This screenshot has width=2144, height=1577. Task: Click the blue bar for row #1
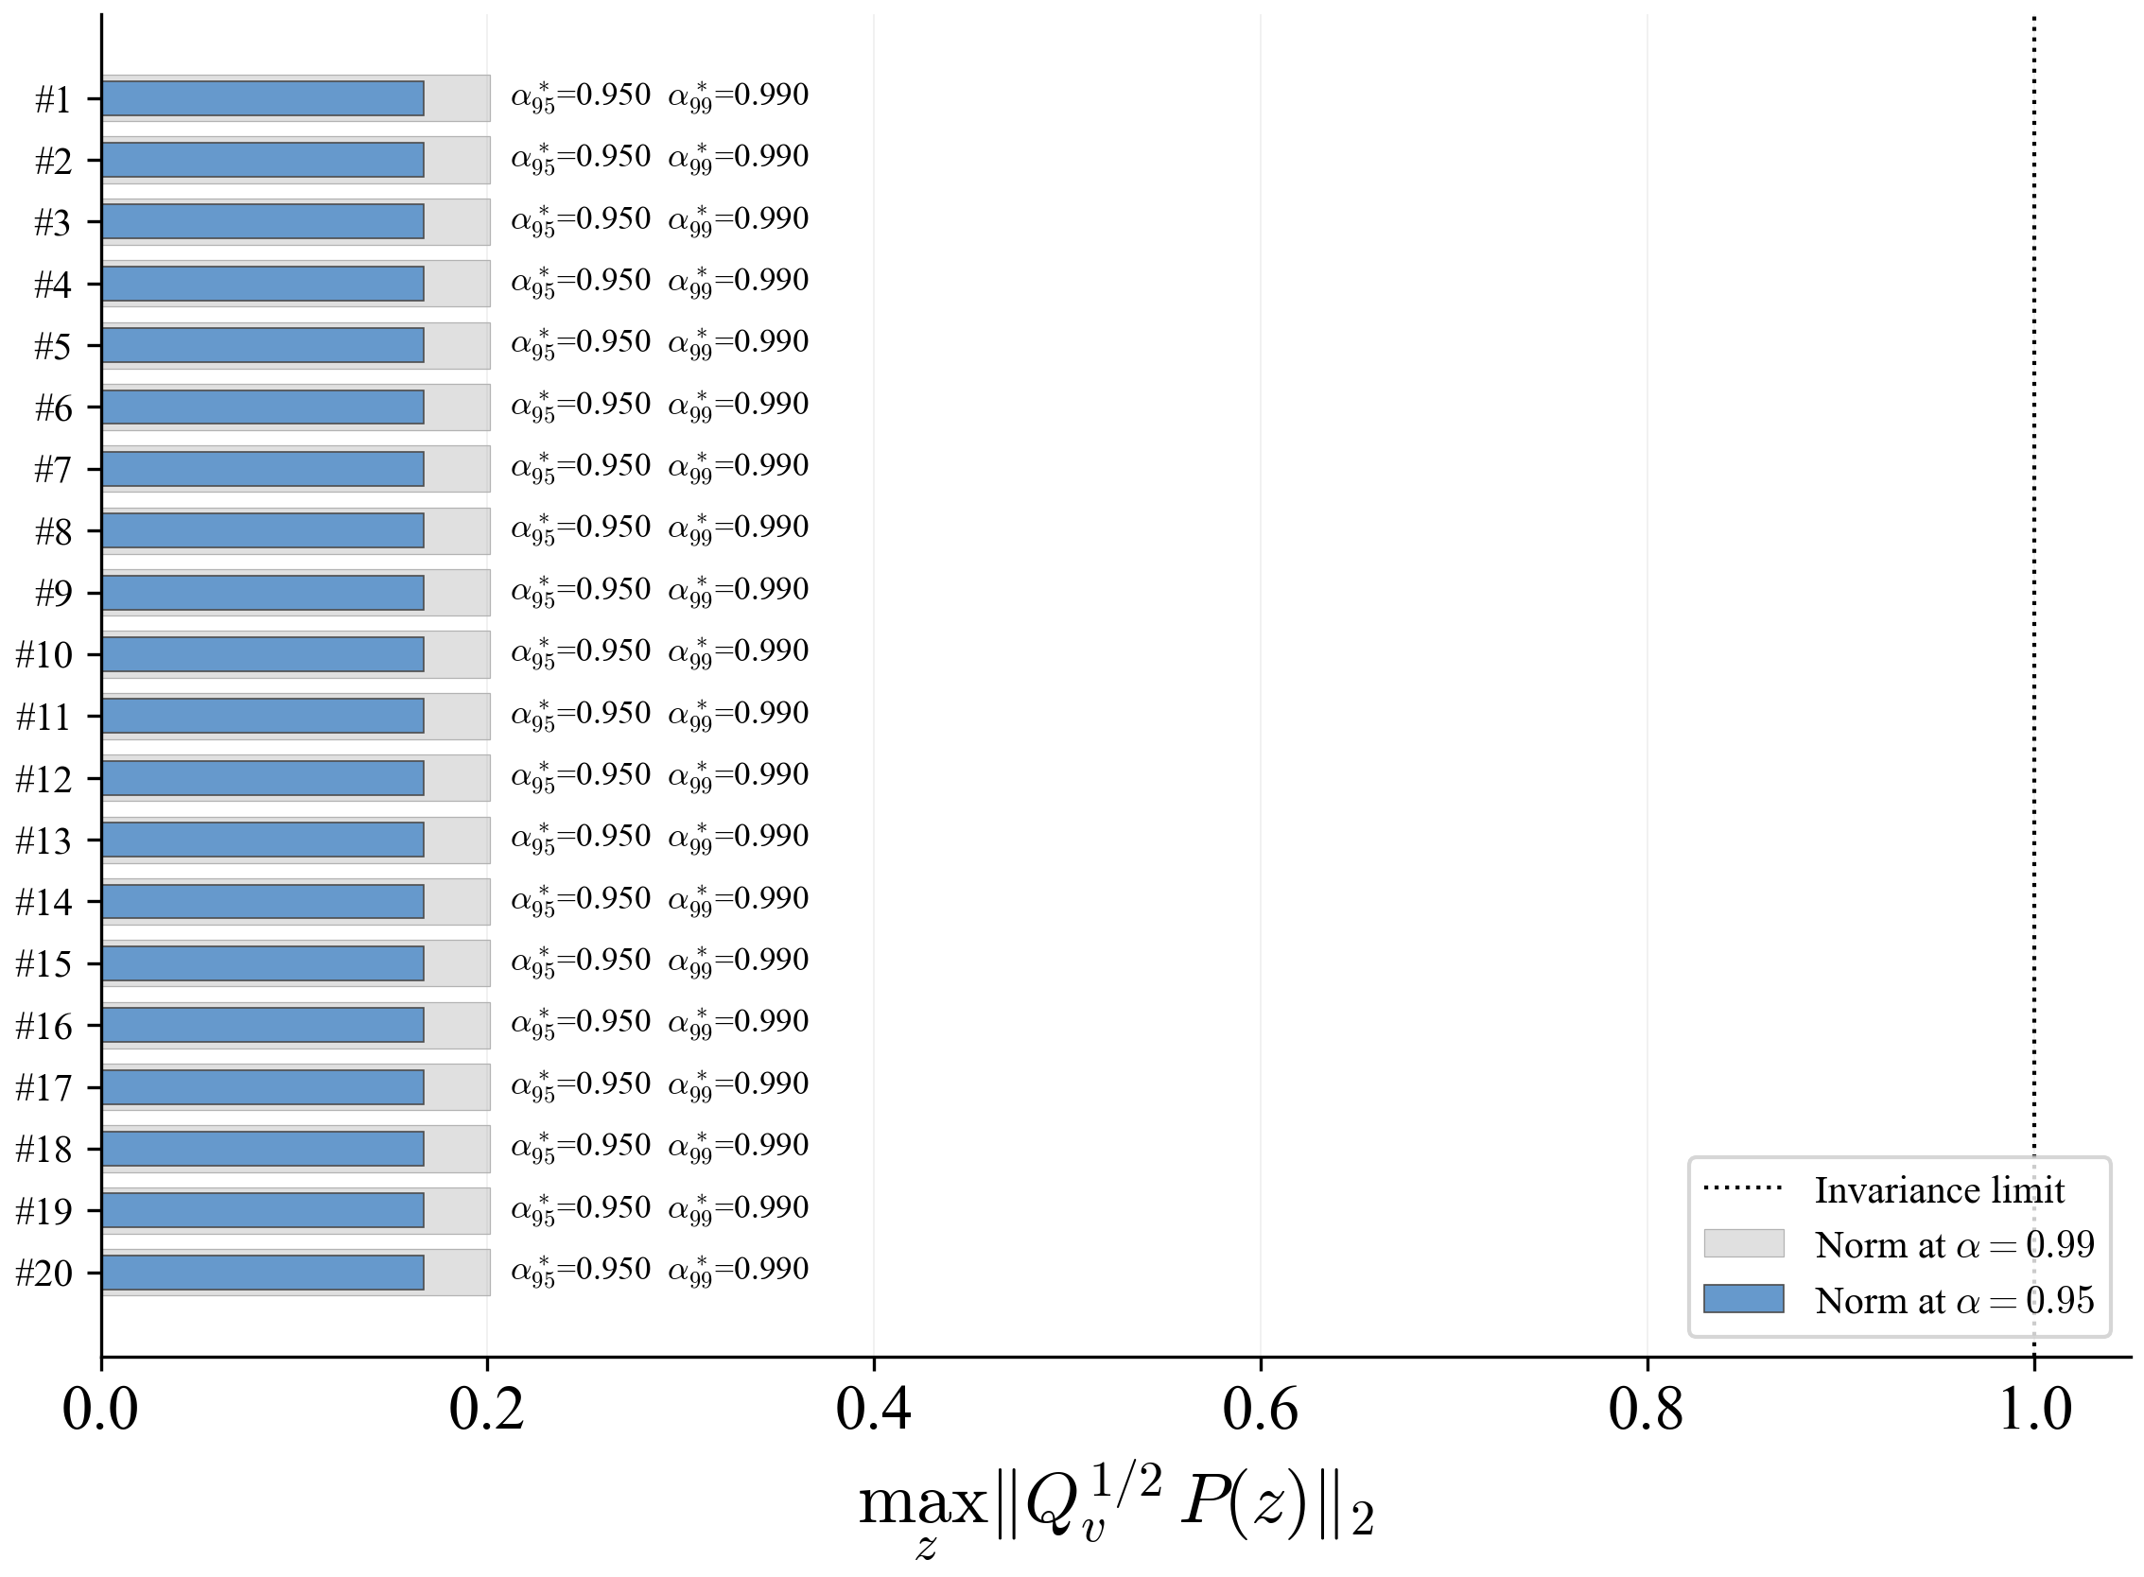pyautogui.click(x=263, y=98)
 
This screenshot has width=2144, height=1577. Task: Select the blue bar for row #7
pyautogui.click(x=263, y=469)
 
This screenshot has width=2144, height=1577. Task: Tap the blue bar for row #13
pyautogui.click(x=263, y=840)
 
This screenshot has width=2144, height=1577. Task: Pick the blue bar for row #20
pyautogui.click(x=263, y=1273)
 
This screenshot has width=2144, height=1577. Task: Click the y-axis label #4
pyautogui.click(x=54, y=285)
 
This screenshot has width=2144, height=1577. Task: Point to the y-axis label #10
pyautogui.click(x=44, y=655)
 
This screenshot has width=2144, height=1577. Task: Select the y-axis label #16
pyautogui.click(x=44, y=1026)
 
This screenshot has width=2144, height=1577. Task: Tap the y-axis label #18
pyautogui.click(x=44, y=1150)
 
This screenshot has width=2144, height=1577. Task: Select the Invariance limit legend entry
pyautogui.click(x=1884, y=1190)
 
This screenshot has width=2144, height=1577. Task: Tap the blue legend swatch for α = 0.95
pyautogui.click(x=1744, y=1299)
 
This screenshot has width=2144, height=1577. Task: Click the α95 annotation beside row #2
pyautogui.click(x=581, y=158)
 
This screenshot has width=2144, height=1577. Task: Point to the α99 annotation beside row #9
pyautogui.click(x=739, y=590)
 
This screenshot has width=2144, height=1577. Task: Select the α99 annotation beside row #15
pyautogui.click(x=739, y=962)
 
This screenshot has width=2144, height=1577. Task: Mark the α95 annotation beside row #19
pyautogui.click(x=581, y=1208)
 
